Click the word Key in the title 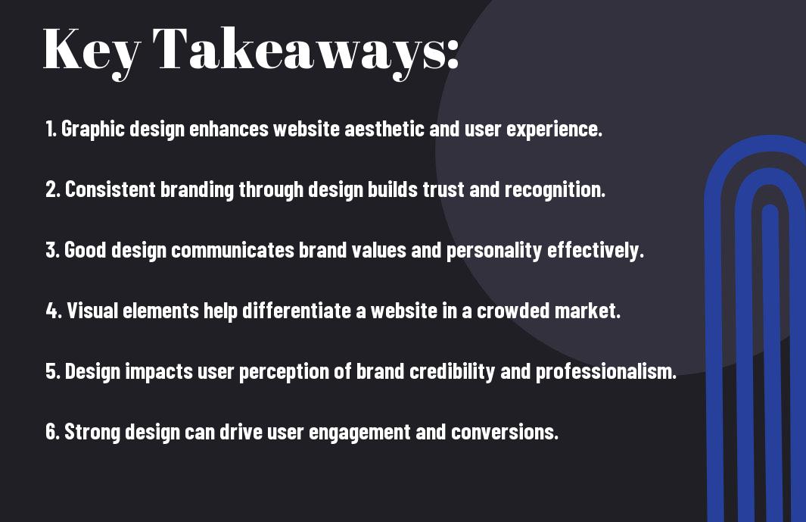(x=92, y=52)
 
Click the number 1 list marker (x=51, y=129)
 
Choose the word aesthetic (x=384, y=129)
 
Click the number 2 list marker (x=53, y=189)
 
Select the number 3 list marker (x=53, y=250)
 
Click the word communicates (x=232, y=250)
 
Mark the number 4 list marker (x=54, y=311)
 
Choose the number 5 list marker (x=54, y=371)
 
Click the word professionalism (x=606, y=372)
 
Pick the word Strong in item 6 (x=92, y=433)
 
